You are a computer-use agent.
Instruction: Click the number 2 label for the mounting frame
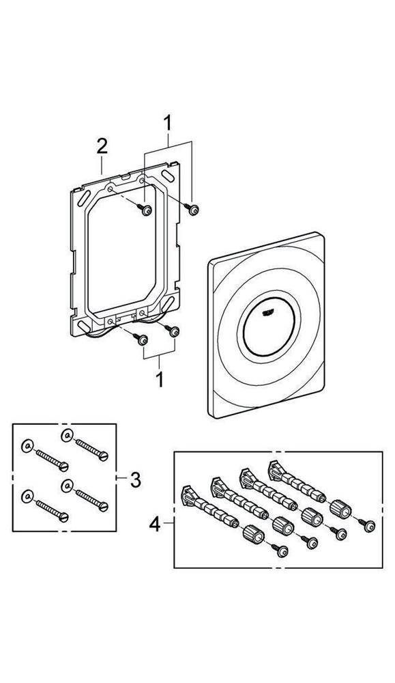pos(102,145)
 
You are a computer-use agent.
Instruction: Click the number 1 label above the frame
pos(168,124)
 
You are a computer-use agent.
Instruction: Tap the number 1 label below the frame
pos(160,378)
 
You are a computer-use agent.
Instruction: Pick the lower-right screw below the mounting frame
pos(175,331)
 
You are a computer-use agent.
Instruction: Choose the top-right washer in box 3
pos(66,436)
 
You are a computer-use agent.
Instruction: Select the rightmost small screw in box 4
pos(368,525)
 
